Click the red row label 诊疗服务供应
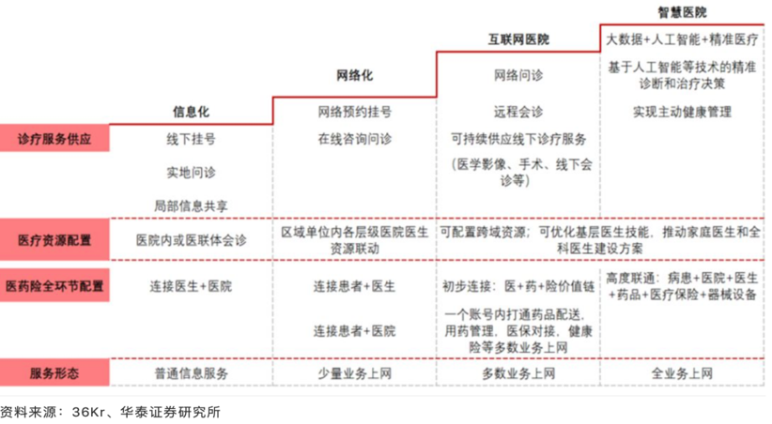(x=54, y=139)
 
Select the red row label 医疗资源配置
(x=54, y=240)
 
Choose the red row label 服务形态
(x=54, y=372)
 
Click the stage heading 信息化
(x=191, y=112)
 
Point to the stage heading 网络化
(x=354, y=76)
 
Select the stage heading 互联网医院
(x=517, y=40)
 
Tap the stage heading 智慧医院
(x=682, y=12)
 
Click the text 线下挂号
(x=191, y=140)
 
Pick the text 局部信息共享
(x=191, y=205)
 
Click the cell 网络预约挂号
(x=354, y=112)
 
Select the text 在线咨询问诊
(x=354, y=140)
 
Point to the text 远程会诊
(x=517, y=112)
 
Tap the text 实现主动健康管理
(x=682, y=112)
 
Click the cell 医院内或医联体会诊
(x=191, y=240)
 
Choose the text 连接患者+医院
(x=354, y=331)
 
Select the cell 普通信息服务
(x=191, y=373)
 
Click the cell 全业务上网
(x=682, y=373)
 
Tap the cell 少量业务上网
(x=354, y=373)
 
